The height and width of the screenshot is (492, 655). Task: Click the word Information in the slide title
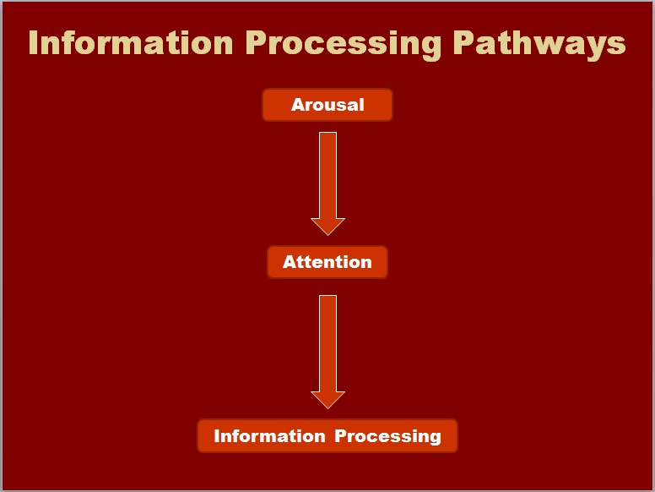[x=131, y=42]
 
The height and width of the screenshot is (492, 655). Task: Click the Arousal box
[x=327, y=105]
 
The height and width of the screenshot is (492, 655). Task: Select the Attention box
[x=327, y=262]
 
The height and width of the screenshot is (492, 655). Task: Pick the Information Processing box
[x=327, y=436]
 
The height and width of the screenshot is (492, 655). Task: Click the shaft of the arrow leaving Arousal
[x=327, y=176]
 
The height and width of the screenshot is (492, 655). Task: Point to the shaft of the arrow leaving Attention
[x=327, y=344]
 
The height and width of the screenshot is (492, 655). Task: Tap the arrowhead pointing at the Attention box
[x=327, y=227]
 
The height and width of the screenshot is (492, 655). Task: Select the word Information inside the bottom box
[x=269, y=436]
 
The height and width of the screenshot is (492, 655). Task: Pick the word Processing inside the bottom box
[x=387, y=438]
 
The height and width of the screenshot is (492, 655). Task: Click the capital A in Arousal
[x=298, y=105]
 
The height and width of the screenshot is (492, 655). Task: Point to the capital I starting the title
[x=33, y=42]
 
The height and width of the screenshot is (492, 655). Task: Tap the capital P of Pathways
[x=463, y=42]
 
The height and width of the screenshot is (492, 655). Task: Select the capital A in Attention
[x=290, y=262]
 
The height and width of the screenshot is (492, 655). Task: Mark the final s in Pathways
[x=616, y=46]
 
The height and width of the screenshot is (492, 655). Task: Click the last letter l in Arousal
[x=362, y=104]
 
